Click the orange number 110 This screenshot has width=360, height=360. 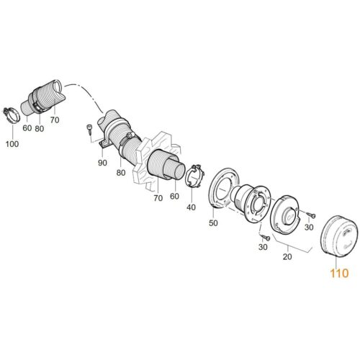pos(339,273)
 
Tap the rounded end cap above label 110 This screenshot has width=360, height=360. pos(339,236)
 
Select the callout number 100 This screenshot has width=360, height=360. pos(12,144)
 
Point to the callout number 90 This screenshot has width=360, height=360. pos(102,163)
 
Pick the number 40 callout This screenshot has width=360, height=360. pos(191,207)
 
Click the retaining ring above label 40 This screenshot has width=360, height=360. pos(194,176)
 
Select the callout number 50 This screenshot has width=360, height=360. pos(213,223)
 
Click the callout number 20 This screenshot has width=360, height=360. pos(287,257)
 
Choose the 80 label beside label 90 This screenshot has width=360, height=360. pos(121,173)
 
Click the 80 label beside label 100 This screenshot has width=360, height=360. pos(40,129)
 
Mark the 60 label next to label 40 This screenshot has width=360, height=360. pos(174,196)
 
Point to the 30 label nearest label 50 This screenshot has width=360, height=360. pos(263,247)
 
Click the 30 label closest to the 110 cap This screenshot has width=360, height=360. pos(309,227)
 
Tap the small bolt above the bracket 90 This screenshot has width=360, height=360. pos(89,128)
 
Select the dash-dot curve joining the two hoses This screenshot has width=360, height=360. pos(86,94)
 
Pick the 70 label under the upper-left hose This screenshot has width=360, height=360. pos(55,120)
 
